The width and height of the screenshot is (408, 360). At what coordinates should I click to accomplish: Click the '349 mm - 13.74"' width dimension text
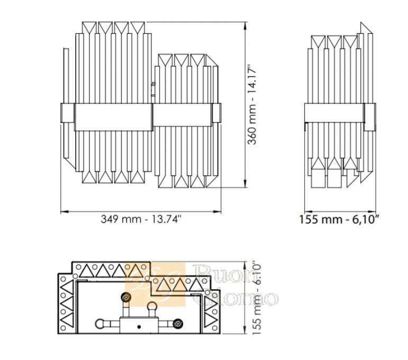click(x=141, y=219)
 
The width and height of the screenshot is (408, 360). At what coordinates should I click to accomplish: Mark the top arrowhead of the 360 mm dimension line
click(x=245, y=26)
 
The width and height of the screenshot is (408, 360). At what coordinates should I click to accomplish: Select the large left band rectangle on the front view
click(x=113, y=117)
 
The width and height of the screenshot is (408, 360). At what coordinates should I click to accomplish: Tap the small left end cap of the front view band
click(x=67, y=113)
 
